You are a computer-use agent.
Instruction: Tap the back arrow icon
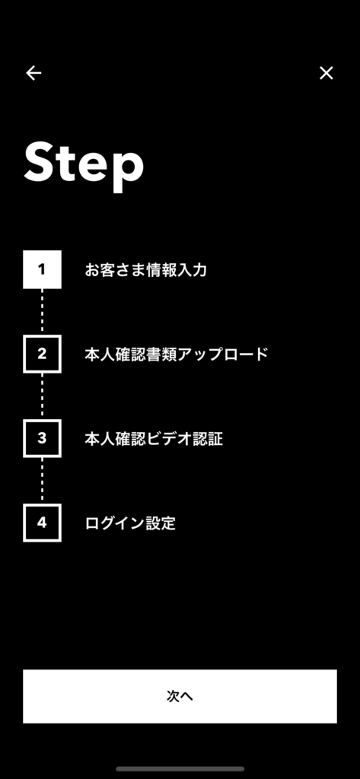click(x=33, y=73)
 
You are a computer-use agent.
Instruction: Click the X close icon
click(x=327, y=73)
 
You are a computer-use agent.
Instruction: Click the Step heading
click(x=84, y=164)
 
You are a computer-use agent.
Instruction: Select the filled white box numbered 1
click(x=43, y=269)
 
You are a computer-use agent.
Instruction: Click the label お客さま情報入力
click(x=145, y=270)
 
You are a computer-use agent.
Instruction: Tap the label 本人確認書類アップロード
click(x=177, y=355)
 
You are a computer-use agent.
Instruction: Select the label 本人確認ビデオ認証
click(x=154, y=439)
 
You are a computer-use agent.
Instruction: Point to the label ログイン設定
click(x=130, y=523)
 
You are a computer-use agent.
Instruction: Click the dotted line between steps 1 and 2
click(x=43, y=311)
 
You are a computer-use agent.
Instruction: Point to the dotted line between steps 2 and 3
click(x=43, y=396)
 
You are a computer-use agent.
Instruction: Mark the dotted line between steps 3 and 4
click(x=43, y=481)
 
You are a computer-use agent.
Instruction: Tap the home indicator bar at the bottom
click(x=180, y=768)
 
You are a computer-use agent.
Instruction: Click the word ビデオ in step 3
click(x=170, y=439)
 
